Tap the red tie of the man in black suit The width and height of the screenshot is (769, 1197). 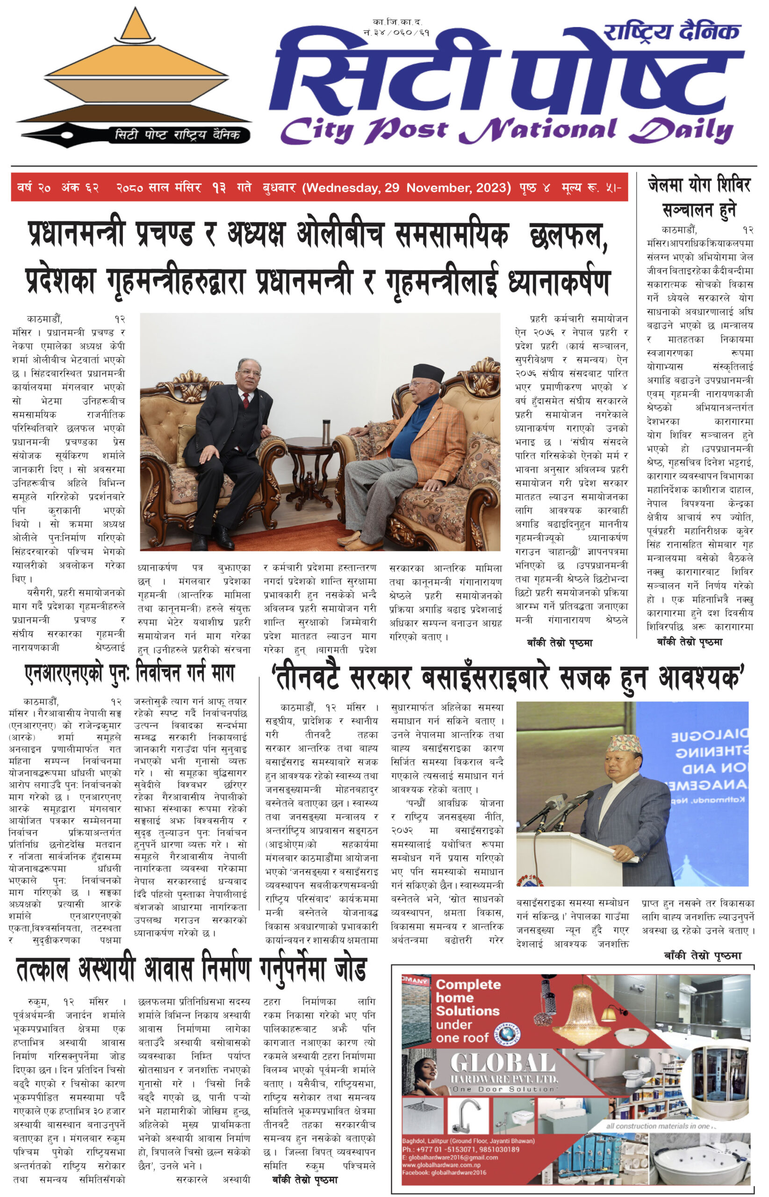pyautogui.click(x=246, y=399)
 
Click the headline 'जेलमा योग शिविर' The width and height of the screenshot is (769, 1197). pyautogui.click(x=699, y=185)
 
